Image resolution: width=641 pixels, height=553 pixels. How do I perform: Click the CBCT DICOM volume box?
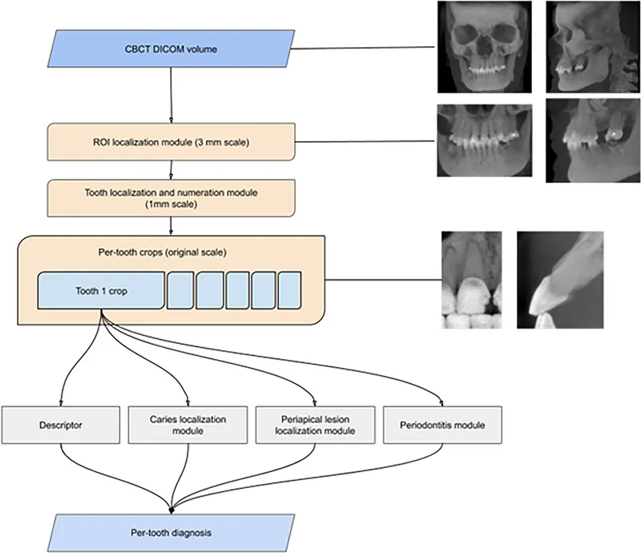(170, 50)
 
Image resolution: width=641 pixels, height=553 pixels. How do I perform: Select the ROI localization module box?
(170, 143)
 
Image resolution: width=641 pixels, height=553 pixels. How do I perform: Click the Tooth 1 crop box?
(101, 291)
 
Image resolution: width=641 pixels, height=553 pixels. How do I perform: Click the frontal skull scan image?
(483, 46)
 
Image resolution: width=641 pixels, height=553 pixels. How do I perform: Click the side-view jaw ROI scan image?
(587, 141)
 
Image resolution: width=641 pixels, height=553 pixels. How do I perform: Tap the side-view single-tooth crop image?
(560, 281)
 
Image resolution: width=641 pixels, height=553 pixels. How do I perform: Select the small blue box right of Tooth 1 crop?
(179, 291)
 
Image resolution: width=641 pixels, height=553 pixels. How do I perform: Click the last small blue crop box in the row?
(289, 291)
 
